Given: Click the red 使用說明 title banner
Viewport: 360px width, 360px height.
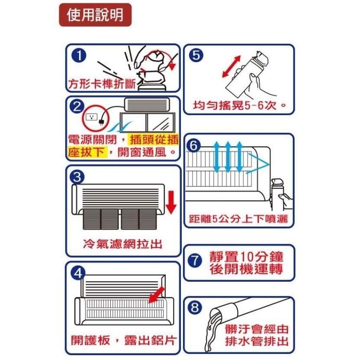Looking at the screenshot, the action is [x=95, y=15].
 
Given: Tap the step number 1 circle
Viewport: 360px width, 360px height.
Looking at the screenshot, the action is [x=79, y=55].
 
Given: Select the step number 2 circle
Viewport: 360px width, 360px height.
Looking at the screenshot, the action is [x=77, y=106].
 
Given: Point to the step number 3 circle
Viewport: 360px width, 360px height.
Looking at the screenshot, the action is [x=77, y=177].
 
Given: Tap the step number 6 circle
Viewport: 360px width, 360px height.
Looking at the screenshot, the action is [x=193, y=145].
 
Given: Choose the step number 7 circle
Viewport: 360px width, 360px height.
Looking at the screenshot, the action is [x=195, y=260].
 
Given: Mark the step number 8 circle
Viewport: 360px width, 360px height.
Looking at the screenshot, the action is [x=195, y=307].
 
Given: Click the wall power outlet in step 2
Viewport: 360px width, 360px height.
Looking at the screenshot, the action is [x=92, y=117].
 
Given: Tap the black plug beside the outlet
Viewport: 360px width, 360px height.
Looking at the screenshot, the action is [x=101, y=122].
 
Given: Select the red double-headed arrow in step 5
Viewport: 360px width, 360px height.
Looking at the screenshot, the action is [x=231, y=66].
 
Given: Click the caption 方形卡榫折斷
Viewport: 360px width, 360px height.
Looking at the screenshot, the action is [x=102, y=84].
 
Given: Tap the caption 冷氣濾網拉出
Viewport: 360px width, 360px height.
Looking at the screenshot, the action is [x=123, y=244].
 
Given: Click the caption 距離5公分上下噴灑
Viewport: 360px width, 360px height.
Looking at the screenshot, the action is [x=238, y=219].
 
